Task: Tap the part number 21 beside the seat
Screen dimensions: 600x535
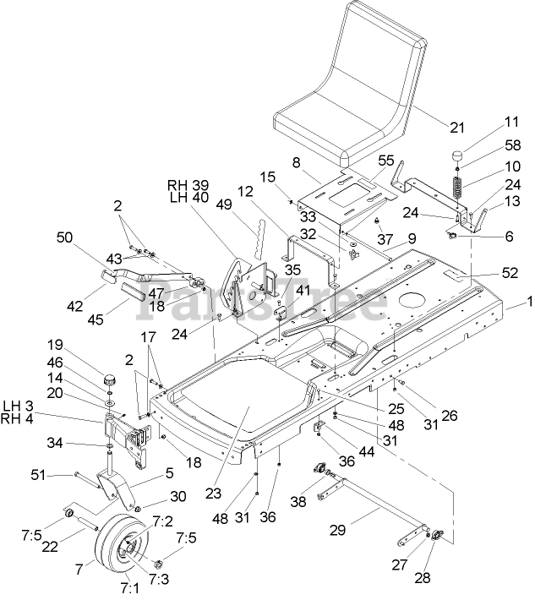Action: [x=456, y=128]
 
